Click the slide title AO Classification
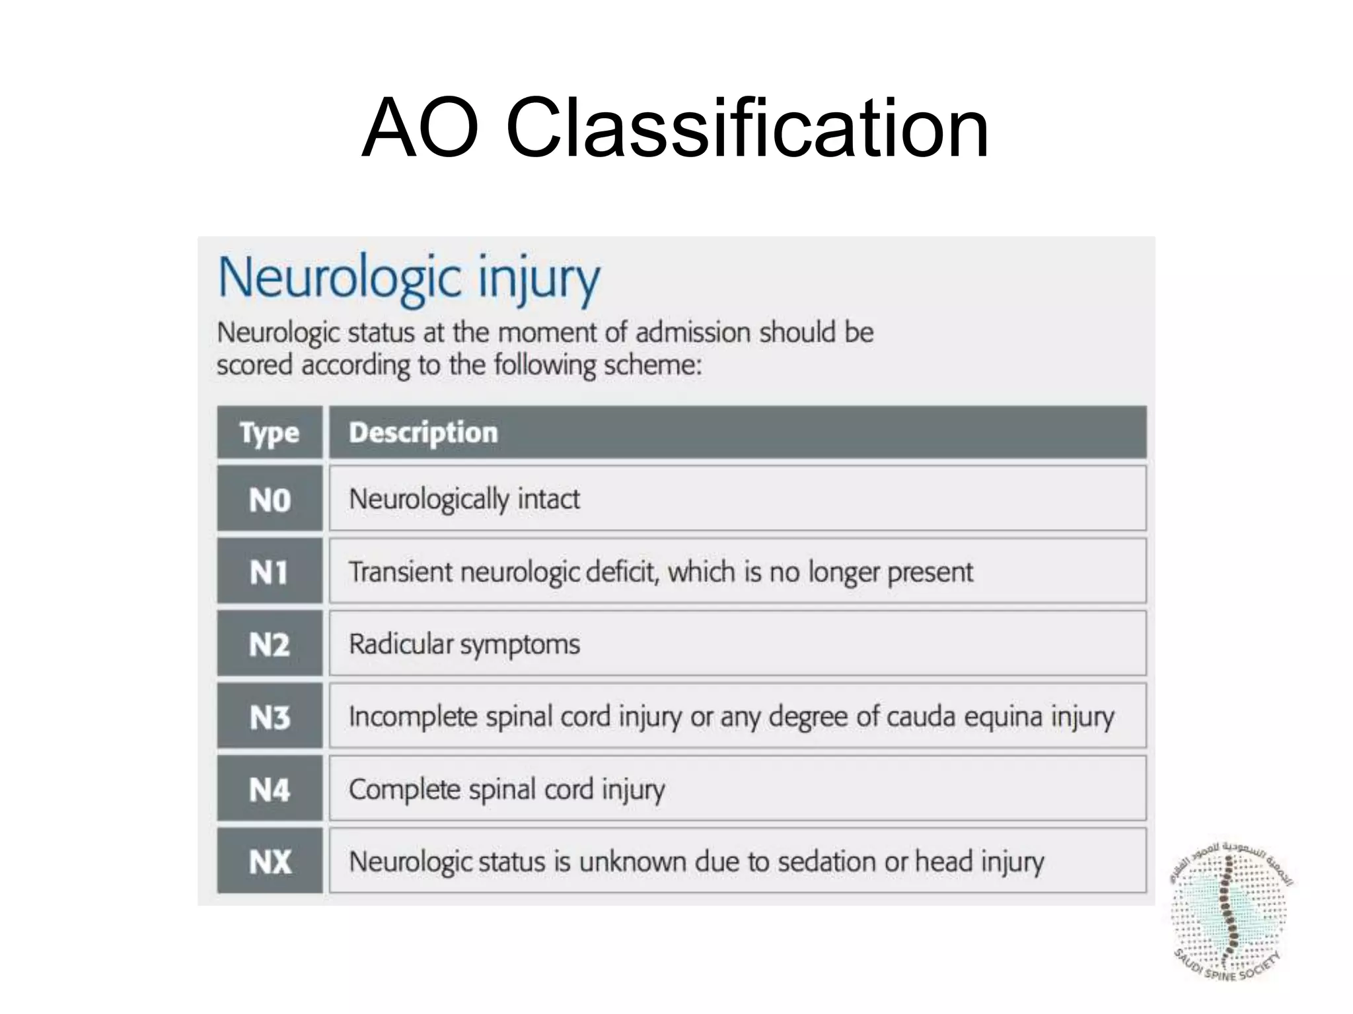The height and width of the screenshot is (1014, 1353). click(x=675, y=128)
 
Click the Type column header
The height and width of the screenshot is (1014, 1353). click(x=270, y=433)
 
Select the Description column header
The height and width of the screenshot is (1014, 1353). click(x=423, y=433)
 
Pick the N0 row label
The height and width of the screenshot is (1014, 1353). click(x=270, y=500)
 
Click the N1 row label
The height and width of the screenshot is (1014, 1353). click(x=270, y=572)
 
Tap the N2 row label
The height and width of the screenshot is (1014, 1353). click(x=270, y=645)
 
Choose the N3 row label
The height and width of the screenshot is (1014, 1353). click(x=270, y=718)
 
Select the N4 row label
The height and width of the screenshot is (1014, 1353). click(x=270, y=790)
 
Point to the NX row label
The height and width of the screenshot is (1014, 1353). click(x=270, y=862)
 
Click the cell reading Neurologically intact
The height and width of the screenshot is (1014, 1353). click(x=464, y=499)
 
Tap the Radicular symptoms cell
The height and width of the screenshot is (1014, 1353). click(x=464, y=644)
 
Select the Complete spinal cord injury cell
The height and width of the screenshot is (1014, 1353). click(x=507, y=790)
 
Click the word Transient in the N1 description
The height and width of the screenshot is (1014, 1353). click(x=400, y=572)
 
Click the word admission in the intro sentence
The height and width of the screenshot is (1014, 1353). click(x=693, y=333)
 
